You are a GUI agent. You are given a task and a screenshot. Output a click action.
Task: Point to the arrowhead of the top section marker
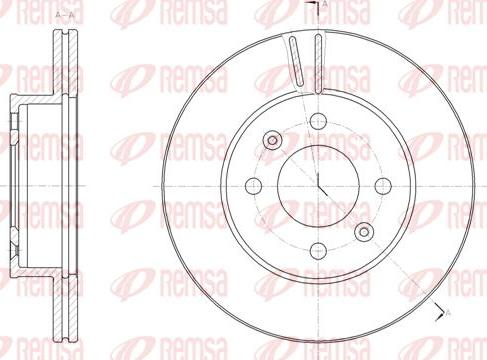pos(317,7)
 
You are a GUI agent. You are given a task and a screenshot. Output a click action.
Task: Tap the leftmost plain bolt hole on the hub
pos(254,187)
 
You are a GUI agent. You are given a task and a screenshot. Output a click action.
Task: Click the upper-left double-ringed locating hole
pos(272,141)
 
